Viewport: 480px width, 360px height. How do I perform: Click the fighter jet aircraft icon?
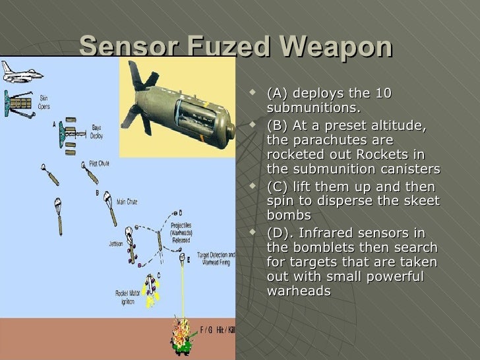point(21,71)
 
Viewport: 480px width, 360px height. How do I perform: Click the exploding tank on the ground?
point(181,332)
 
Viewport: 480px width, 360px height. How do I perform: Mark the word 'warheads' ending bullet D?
point(299,291)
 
